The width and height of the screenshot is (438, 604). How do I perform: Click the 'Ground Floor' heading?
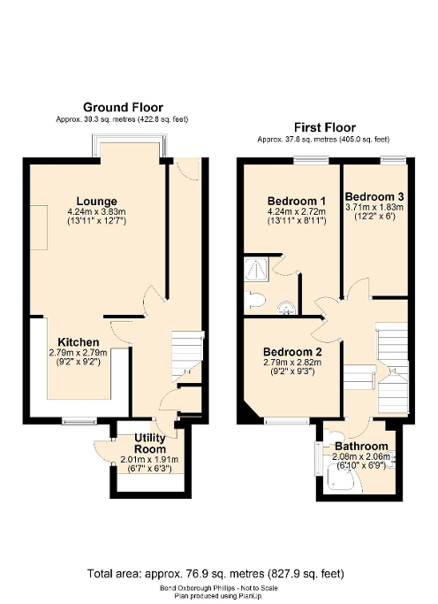tap(123, 107)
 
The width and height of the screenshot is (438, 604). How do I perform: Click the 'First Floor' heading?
tap(324, 127)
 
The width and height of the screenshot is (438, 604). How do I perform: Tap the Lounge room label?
tap(97, 202)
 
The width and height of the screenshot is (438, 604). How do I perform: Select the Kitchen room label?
tap(79, 341)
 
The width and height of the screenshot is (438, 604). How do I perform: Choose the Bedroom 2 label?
tap(293, 351)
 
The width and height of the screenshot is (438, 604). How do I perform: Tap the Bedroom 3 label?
tap(374, 195)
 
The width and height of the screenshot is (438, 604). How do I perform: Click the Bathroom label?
tap(361, 446)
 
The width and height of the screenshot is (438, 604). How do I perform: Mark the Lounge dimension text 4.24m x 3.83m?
tap(97, 212)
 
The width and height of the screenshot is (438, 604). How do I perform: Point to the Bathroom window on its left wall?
tap(318, 459)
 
